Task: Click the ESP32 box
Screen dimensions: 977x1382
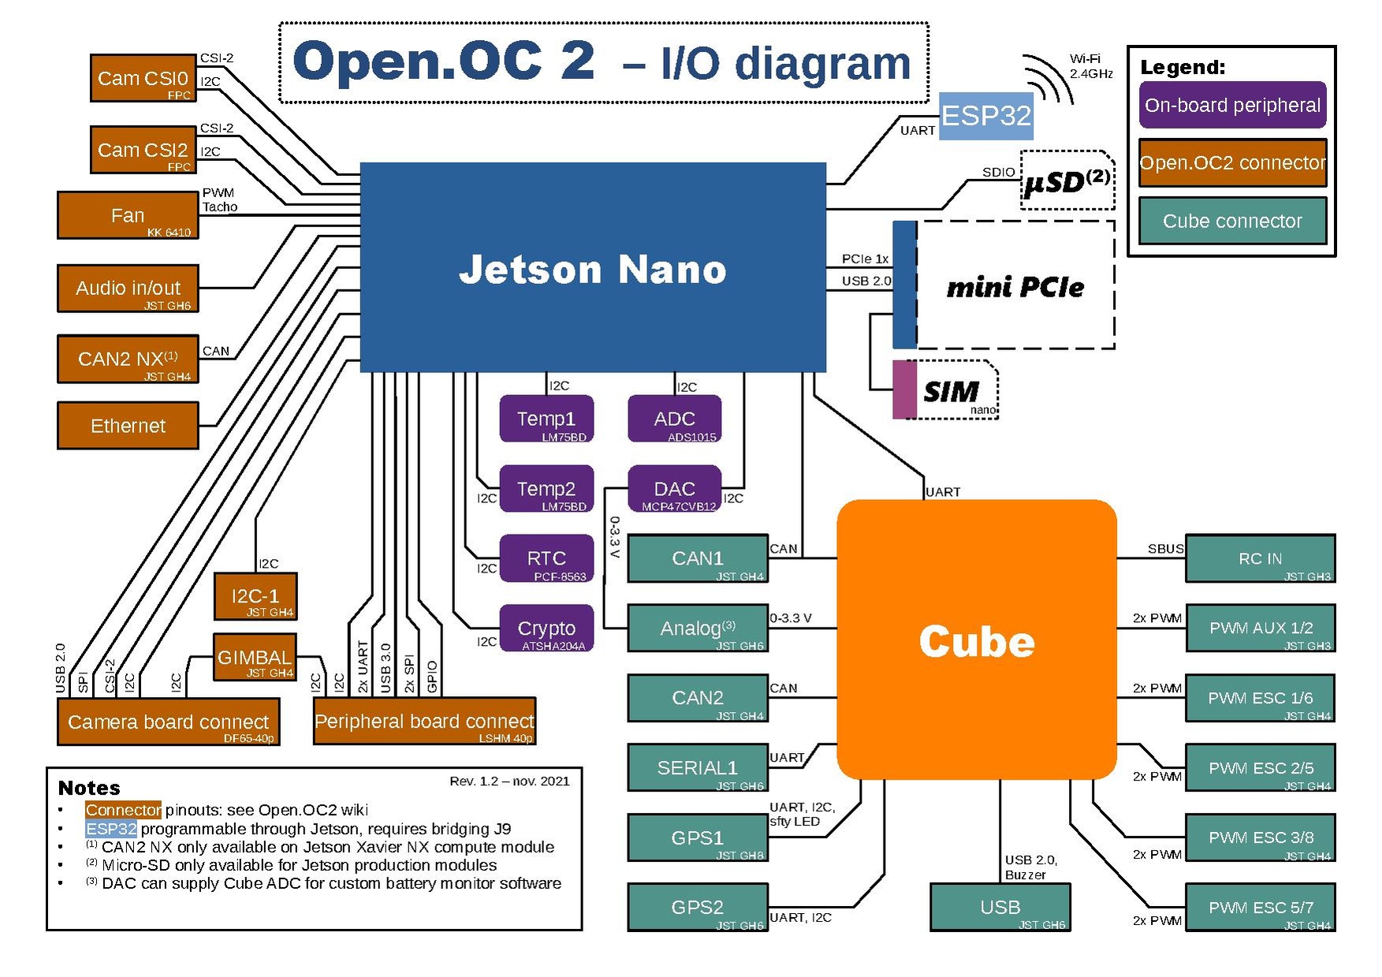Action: (985, 116)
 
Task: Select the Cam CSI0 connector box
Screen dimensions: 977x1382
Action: (143, 78)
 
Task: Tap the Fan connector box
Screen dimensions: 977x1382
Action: (127, 215)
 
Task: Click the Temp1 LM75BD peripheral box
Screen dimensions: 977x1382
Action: (546, 419)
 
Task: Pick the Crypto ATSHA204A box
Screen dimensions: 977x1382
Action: (546, 628)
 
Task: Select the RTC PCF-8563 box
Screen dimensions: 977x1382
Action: (546, 558)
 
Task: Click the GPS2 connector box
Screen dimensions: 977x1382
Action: (697, 907)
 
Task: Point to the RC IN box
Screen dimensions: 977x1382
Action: (1260, 558)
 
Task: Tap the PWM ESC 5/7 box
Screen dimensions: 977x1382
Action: (1260, 907)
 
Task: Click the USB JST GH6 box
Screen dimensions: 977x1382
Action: (1000, 907)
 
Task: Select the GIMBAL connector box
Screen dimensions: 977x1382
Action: (254, 657)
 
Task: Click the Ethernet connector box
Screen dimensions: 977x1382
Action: (128, 426)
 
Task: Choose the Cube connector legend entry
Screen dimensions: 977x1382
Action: (1231, 221)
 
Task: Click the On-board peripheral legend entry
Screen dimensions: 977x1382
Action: (1231, 105)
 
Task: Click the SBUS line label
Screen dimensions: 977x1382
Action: (1165, 549)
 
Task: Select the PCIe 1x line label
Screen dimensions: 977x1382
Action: (865, 259)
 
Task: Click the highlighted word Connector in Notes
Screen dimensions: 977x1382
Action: (123, 810)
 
